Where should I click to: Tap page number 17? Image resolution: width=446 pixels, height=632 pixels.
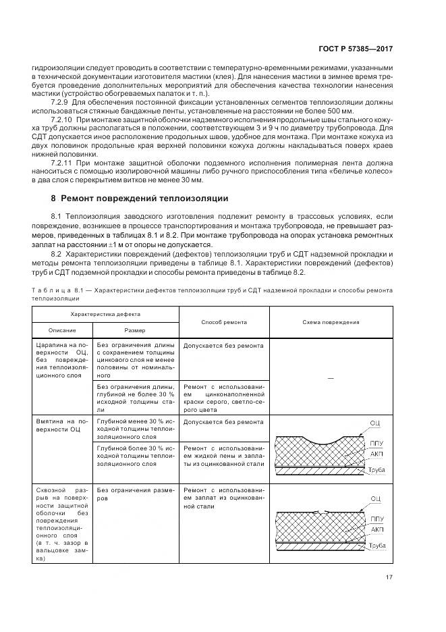(x=389, y=577)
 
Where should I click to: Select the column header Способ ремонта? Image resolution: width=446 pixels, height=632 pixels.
(x=224, y=322)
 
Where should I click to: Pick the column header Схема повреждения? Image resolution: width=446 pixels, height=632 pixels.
(x=331, y=322)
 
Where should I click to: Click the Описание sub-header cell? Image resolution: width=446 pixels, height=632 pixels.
(x=61, y=330)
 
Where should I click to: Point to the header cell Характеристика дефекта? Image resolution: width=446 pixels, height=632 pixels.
(x=106, y=315)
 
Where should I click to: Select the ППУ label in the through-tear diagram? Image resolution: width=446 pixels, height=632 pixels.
(x=377, y=519)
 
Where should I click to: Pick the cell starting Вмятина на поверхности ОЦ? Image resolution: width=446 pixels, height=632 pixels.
(x=61, y=425)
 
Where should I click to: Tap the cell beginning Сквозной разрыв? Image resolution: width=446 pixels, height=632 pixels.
(x=61, y=523)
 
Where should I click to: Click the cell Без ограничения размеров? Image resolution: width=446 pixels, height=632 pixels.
(x=135, y=494)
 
